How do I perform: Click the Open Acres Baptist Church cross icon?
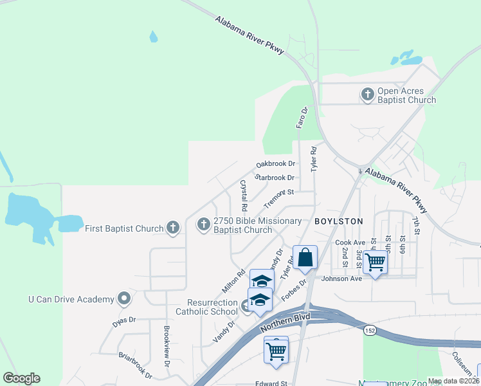pos(368,95)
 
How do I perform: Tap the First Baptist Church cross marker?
pos(172,228)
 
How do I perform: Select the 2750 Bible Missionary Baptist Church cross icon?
pos(203,225)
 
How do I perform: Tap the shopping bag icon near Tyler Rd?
pos(305,257)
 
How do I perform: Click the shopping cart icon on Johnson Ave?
pos(375,262)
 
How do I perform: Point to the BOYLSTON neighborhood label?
pos(339,221)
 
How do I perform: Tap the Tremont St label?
pos(278,196)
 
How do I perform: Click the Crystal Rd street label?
pos(244,196)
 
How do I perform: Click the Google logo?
pos(22,378)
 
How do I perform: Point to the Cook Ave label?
pos(350,243)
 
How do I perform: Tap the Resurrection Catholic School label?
pos(204,307)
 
